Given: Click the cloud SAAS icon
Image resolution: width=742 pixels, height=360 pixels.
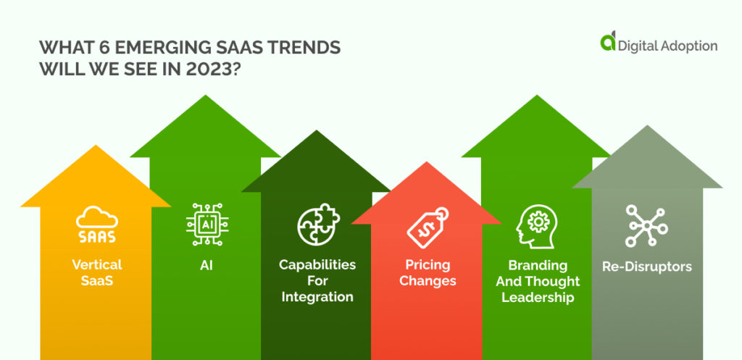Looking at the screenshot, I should coord(96,225).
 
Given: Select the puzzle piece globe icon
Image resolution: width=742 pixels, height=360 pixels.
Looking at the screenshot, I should coord(317,226).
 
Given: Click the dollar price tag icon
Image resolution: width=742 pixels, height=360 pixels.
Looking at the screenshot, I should coord(428,227).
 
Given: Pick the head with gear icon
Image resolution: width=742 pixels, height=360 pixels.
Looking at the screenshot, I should coord(537,227).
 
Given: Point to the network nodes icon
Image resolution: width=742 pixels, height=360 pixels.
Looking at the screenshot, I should coord(646,225).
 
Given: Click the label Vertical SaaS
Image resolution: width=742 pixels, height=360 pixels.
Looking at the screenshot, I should coord(96,272).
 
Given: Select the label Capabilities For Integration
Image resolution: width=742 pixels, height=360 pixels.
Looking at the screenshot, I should coord(317,280).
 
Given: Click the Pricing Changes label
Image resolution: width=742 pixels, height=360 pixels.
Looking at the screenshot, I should coord(428,272).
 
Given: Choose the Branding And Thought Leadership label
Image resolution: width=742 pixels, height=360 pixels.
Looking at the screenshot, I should coord(538,281).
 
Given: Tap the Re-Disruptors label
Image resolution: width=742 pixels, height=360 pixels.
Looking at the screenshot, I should coord(646,267).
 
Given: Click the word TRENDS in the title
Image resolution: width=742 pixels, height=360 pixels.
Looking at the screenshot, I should coord(300,48).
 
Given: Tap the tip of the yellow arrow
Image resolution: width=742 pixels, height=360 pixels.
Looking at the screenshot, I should coord(96,146).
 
